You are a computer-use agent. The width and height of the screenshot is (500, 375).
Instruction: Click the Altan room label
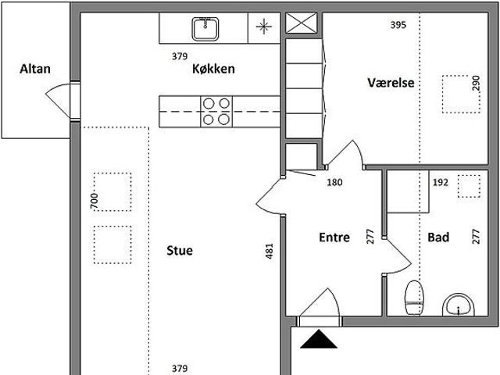pyautogui.click(x=35, y=69)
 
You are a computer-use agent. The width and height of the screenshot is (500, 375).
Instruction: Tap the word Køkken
pyautogui.click(x=213, y=69)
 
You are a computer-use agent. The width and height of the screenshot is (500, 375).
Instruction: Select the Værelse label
pyautogui.click(x=390, y=83)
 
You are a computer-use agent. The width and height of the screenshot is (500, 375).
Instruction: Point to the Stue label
pyautogui.click(x=179, y=251)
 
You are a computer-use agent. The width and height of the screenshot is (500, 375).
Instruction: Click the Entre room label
pyautogui.click(x=334, y=237)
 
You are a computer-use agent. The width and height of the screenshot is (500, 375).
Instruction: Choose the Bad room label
pyautogui.click(x=438, y=237)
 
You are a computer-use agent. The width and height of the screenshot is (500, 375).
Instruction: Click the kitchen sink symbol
pyautogui.click(x=205, y=29)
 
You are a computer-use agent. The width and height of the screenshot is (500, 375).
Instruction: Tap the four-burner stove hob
pyautogui.click(x=216, y=110)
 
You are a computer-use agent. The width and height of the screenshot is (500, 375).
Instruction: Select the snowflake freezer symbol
pyautogui.click(x=263, y=28)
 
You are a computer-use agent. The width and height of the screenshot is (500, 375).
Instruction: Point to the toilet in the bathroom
pyautogui.click(x=414, y=298)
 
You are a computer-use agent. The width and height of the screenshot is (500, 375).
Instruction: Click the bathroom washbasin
pyautogui.click(x=459, y=305)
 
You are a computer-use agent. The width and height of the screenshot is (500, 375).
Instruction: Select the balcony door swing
pyautogui.click(x=62, y=99)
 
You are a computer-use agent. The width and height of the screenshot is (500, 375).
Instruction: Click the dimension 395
pyautogui.click(x=398, y=25)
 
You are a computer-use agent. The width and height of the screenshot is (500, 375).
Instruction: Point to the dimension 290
pyautogui.click(x=475, y=84)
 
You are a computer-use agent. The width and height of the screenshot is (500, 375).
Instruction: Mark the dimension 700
pyautogui.click(x=94, y=200)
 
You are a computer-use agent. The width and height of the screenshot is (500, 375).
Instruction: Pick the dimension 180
pyautogui.click(x=335, y=183)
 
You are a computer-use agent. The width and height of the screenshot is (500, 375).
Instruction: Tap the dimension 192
pyautogui.click(x=441, y=183)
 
